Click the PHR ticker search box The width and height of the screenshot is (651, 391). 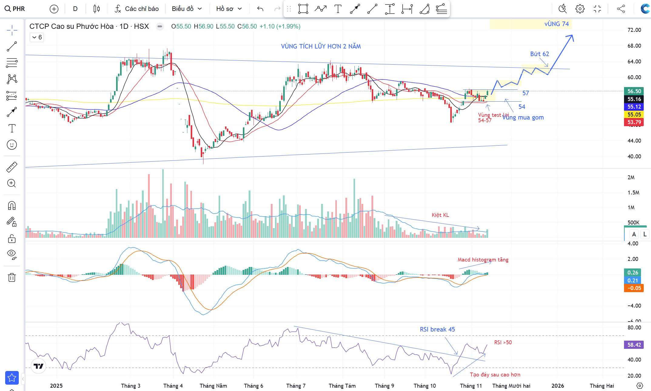tap(15, 8)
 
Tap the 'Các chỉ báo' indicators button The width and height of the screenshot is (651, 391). tap(137, 9)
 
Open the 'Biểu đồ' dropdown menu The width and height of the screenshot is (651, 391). tap(186, 9)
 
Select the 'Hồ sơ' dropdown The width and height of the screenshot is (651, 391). tap(229, 9)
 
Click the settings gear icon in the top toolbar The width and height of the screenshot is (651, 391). tap(580, 9)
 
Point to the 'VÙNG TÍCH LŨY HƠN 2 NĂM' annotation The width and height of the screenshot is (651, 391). tap(321, 46)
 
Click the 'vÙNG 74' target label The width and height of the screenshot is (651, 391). tap(556, 24)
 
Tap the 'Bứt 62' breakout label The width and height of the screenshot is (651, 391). tap(539, 54)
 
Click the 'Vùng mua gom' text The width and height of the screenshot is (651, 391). tap(523, 117)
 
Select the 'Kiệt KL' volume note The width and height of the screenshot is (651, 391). tap(440, 215)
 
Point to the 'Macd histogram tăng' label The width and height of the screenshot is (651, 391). tap(483, 260)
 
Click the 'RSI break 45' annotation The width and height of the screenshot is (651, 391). tap(437, 329)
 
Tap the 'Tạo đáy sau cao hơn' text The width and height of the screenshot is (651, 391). tap(495, 375)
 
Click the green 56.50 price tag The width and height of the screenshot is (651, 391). tap(634, 91)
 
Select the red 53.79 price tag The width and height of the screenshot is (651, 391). tap(634, 122)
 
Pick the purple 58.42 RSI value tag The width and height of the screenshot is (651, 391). tap(634, 345)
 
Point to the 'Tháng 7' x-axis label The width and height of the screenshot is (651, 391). tap(296, 386)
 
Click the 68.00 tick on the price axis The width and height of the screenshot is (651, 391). tap(634, 46)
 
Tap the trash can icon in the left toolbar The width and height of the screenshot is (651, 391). tap(12, 277)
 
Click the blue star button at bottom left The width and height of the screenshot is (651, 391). tap(12, 378)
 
